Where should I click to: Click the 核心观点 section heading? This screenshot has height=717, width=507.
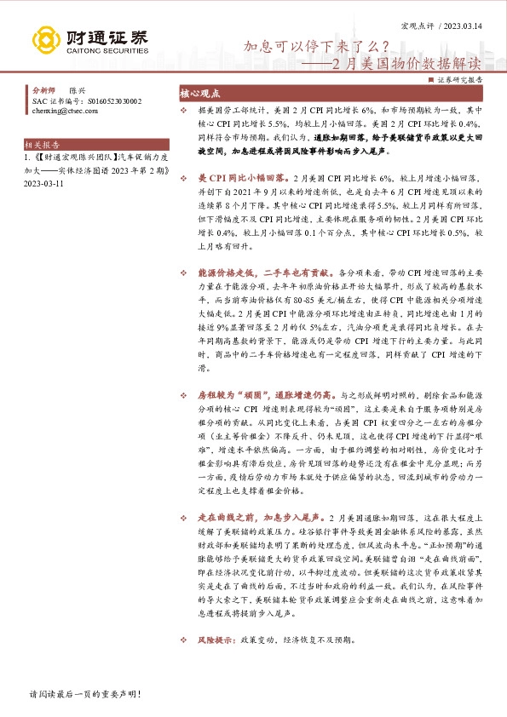(x=200, y=94)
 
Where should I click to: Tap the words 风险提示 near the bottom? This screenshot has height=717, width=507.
(x=216, y=639)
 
